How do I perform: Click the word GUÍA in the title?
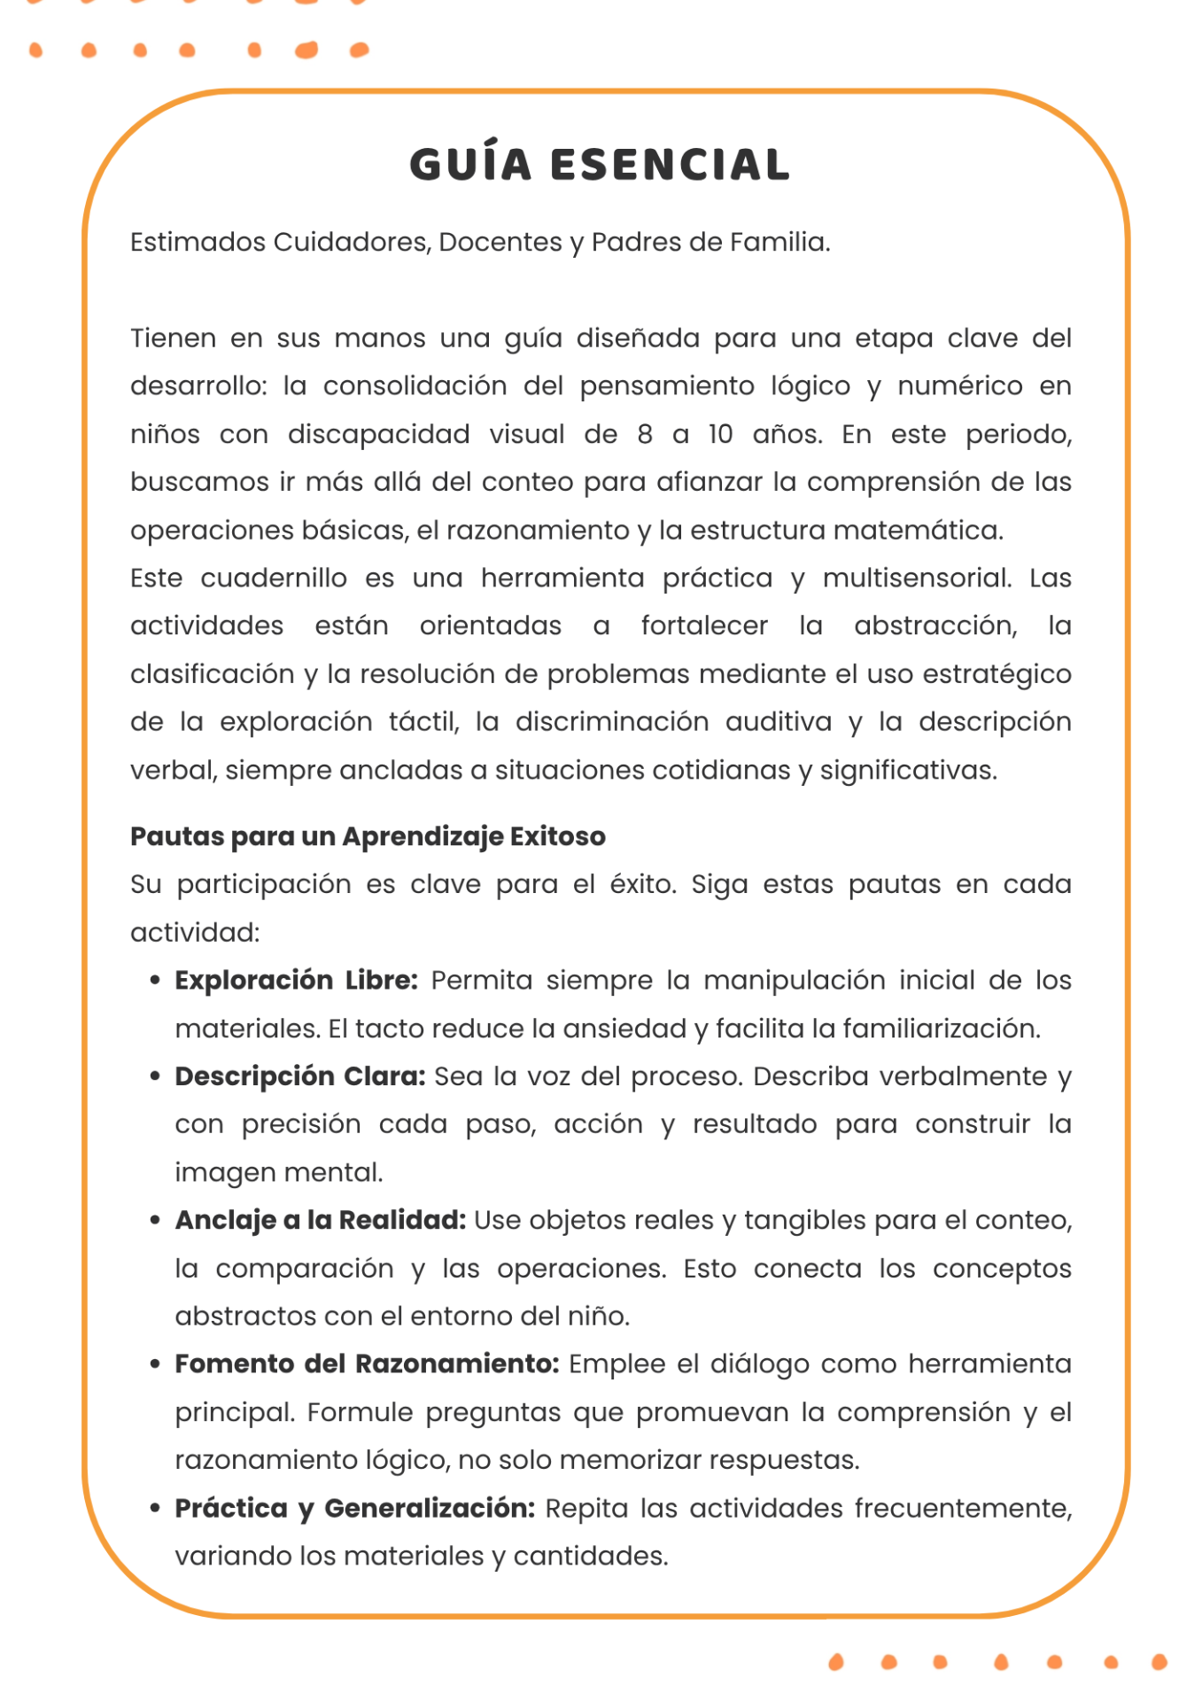click(470, 165)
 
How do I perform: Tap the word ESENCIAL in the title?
click(670, 165)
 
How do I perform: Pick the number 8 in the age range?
click(645, 434)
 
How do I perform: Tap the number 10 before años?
click(720, 434)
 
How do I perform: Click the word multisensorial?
click(916, 578)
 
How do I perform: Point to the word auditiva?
click(779, 722)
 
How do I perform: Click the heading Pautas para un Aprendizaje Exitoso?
click(368, 836)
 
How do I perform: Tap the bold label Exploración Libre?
click(296, 980)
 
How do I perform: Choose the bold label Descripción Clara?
click(300, 1076)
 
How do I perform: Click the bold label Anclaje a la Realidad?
click(320, 1220)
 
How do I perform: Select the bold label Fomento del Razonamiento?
click(367, 1363)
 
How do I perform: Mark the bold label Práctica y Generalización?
click(354, 1508)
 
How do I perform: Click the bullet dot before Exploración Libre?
click(156, 981)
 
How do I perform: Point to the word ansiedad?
click(624, 1029)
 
